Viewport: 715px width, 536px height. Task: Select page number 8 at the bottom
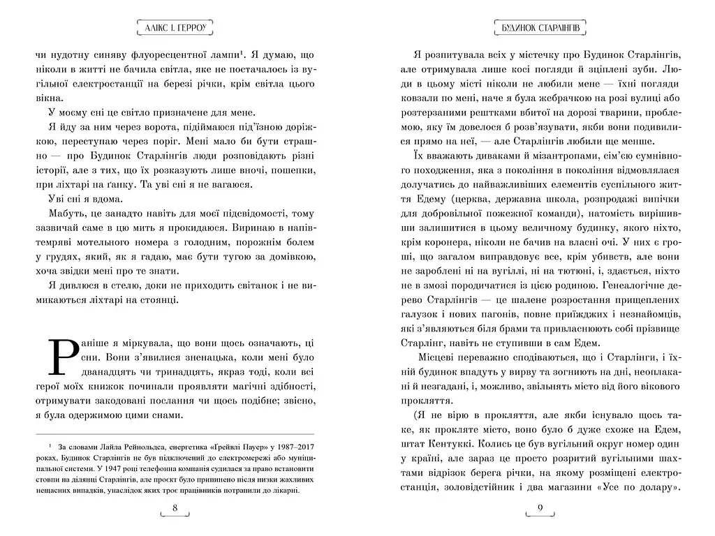click(x=175, y=507)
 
